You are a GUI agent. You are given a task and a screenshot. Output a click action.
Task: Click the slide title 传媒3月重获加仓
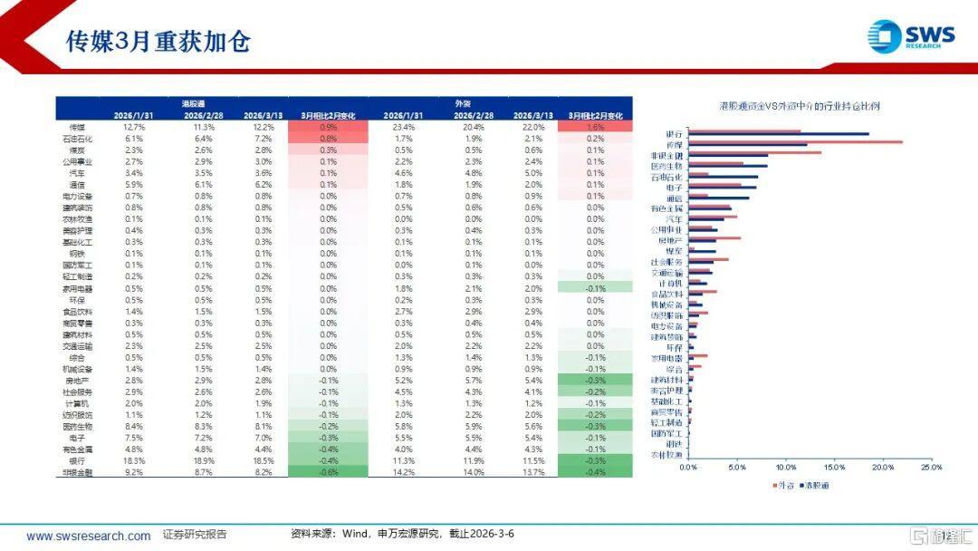(158, 42)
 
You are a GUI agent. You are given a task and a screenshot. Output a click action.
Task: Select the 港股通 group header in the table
(195, 103)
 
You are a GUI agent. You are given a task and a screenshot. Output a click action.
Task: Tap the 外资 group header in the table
(463, 103)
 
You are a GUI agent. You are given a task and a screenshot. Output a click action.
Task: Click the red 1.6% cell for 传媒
(595, 128)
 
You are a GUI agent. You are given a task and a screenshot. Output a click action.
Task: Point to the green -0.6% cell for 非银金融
(328, 472)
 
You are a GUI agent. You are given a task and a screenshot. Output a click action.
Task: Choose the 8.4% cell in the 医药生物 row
(132, 426)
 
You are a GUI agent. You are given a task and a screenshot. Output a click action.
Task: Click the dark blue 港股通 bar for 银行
(778, 135)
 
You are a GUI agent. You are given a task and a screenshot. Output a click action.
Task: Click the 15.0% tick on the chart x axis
(834, 468)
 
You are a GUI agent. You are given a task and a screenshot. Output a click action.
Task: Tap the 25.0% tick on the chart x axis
(931, 468)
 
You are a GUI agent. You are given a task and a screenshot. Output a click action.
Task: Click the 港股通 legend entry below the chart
(815, 485)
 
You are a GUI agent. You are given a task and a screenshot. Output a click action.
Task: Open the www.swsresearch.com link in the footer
(88, 536)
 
